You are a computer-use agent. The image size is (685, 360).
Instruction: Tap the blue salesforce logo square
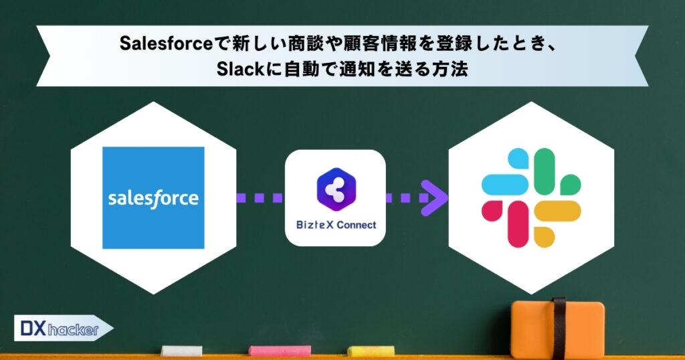tap(153, 198)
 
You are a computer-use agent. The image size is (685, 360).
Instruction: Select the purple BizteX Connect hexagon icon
tap(336, 190)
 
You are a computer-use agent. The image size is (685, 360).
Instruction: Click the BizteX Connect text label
tap(336, 225)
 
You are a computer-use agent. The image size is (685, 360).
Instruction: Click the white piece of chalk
tap(181, 351)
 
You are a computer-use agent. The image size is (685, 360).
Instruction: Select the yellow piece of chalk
tap(371, 351)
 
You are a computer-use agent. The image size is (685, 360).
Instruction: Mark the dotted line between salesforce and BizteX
tap(261, 198)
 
